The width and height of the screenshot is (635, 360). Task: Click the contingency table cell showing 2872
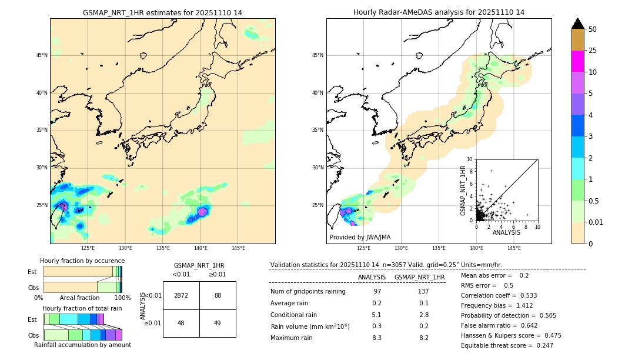click(x=181, y=295)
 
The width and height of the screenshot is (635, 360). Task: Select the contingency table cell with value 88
click(x=218, y=295)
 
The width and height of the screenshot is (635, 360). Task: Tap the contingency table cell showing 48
click(x=181, y=323)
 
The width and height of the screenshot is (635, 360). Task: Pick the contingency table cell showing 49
click(x=218, y=323)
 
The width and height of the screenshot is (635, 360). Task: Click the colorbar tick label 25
click(x=593, y=51)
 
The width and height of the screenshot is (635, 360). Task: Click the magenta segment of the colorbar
click(x=578, y=61)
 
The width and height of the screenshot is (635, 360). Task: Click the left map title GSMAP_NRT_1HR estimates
click(x=162, y=12)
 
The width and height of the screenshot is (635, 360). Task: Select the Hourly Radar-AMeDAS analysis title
click(x=439, y=12)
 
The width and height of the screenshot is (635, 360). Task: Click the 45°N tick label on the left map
click(x=42, y=55)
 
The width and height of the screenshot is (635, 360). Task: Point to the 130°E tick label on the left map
click(x=125, y=248)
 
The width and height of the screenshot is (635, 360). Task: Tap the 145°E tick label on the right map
click(x=514, y=248)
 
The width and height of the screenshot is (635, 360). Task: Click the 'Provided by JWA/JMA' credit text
click(x=360, y=238)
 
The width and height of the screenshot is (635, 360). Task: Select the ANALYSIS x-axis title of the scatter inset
click(x=506, y=232)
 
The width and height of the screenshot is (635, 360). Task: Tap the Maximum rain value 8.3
click(x=377, y=338)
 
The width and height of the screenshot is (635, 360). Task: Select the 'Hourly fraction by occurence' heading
click(x=82, y=261)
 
